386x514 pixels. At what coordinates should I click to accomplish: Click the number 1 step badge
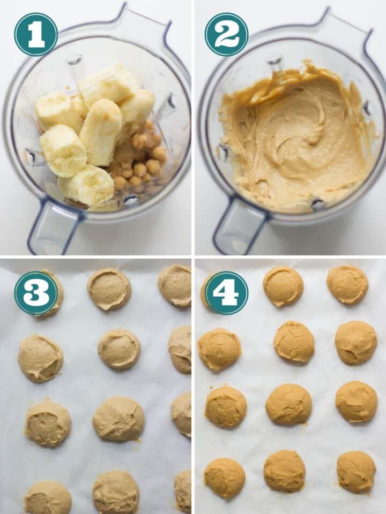pyautogui.click(x=36, y=34)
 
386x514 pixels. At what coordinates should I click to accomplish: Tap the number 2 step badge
pyautogui.click(x=226, y=34)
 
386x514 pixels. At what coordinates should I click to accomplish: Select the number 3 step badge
pyautogui.click(x=36, y=293)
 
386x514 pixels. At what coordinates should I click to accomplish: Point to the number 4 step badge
pyautogui.click(x=226, y=293)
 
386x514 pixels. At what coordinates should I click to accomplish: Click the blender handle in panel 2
pyautogui.click(x=239, y=230)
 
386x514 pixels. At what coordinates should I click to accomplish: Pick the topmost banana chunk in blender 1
pyautogui.click(x=110, y=83)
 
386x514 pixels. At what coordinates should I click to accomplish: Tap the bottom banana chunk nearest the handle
pyautogui.click(x=87, y=185)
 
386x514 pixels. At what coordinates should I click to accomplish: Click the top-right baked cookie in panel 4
pyautogui.click(x=347, y=284)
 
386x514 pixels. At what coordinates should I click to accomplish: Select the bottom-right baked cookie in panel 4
pyautogui.click(x=356, y=471)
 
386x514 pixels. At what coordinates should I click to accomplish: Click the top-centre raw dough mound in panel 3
pyautogui.click(x=109, y=289)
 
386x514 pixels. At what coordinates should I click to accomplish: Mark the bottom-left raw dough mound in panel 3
pyautogui.click(x=48, y=498)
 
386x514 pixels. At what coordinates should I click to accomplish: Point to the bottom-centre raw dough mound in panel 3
pyautogui.click(x=116, y=492)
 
